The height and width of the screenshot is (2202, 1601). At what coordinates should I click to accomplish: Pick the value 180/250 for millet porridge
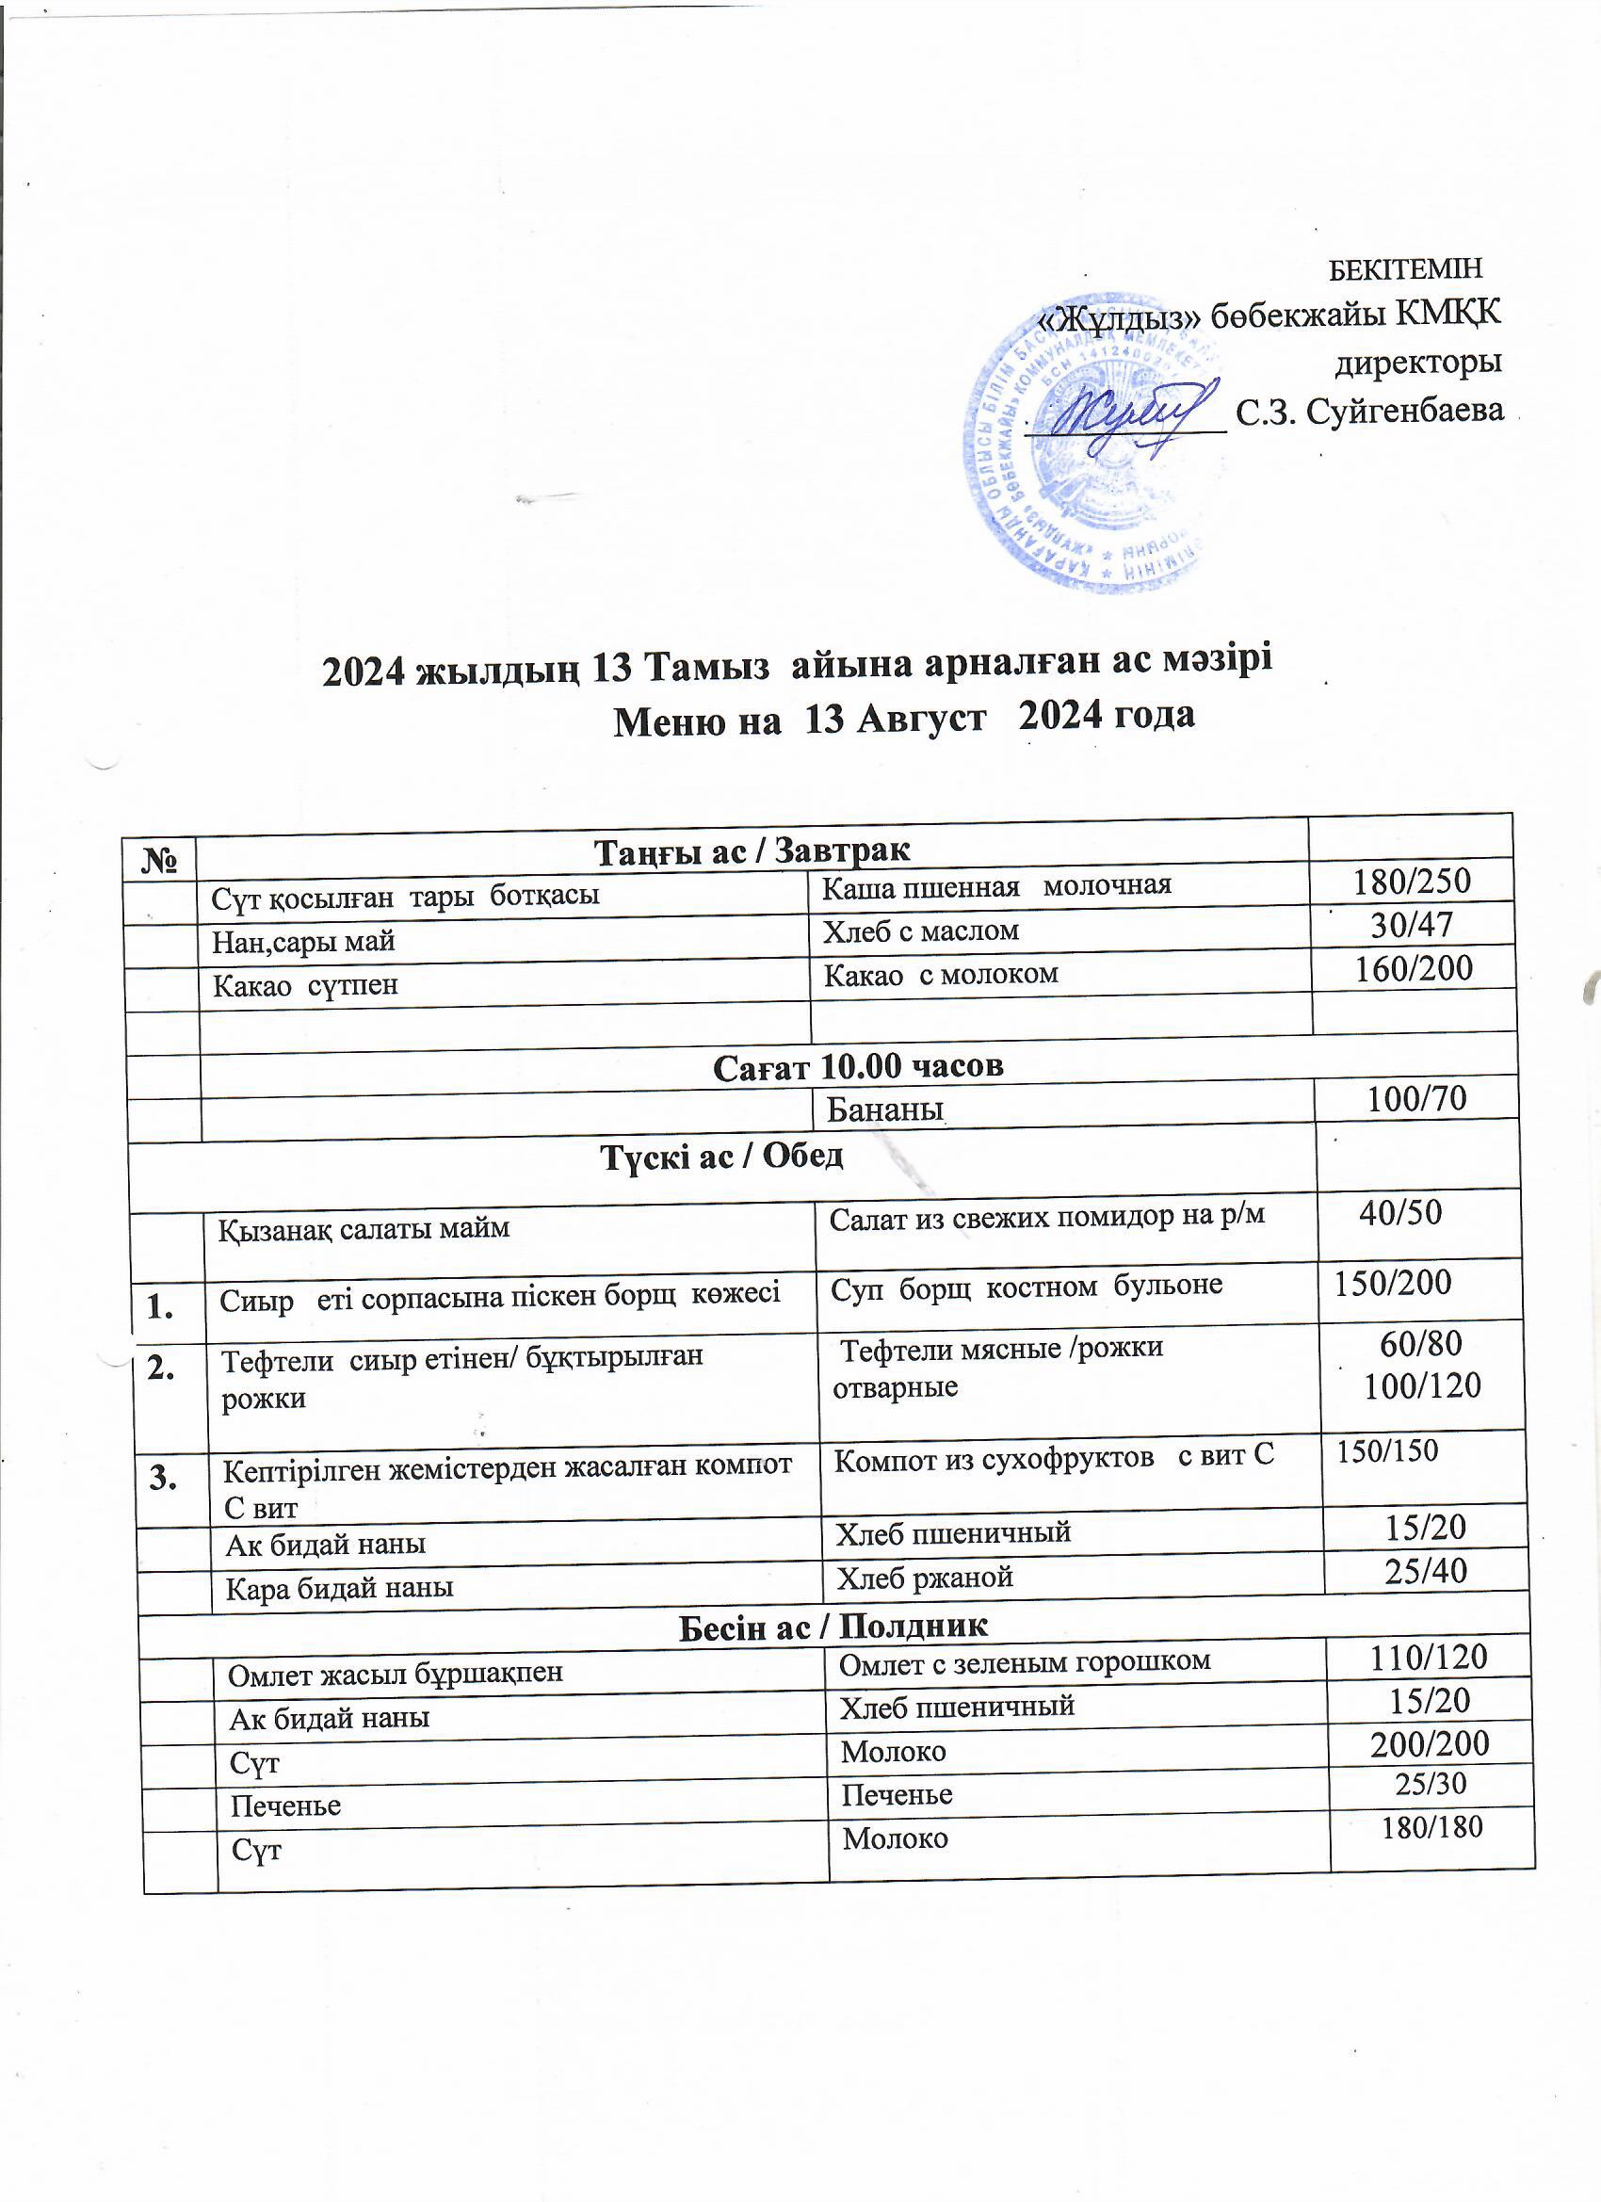point(1413,881)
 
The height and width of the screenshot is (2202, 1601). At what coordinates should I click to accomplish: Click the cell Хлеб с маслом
point(920,931)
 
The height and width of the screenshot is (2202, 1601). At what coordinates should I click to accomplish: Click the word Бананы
point(884,1109)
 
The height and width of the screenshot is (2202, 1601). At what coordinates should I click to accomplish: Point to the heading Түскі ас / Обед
point(722,1156)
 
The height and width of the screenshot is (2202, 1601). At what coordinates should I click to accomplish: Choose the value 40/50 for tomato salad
point(1400,1212)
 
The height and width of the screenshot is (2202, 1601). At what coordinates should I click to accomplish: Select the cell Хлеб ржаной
point(924,1577)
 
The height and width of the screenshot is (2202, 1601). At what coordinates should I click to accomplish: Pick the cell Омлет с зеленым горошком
point(1025,1661)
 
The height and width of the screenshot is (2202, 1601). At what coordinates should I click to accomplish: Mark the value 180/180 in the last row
point(1432,1828)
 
